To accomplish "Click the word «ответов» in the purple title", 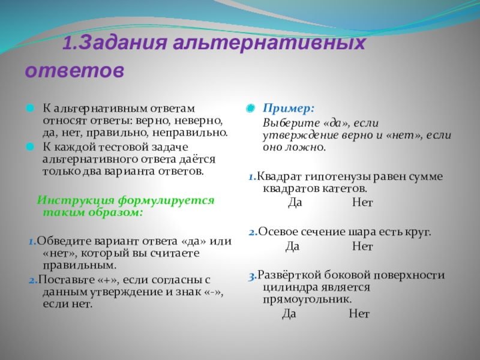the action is click(74, 70).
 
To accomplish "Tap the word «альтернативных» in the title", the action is click(269, 43).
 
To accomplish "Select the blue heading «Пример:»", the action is click(289, 109).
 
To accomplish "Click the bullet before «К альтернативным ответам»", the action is click(30, 108).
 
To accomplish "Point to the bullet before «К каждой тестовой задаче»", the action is click(30, 147).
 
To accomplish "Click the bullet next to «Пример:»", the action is click(250, 108).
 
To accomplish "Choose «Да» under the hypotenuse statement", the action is click(295, 202).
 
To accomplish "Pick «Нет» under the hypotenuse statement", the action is click(363, 202).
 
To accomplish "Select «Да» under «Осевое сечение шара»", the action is click(292, 246).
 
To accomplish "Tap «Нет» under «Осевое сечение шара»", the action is click(363, 246).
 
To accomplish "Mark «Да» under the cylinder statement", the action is click(289, 314).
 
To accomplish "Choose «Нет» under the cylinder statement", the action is click(359, 314).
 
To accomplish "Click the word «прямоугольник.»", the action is click(307, 299).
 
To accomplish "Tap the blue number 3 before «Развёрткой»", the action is click(253, 277).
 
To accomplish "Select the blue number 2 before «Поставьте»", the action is click(33, 280).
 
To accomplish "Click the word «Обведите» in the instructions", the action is click(64, 242).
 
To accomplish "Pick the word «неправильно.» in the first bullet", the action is click(190, 133).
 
